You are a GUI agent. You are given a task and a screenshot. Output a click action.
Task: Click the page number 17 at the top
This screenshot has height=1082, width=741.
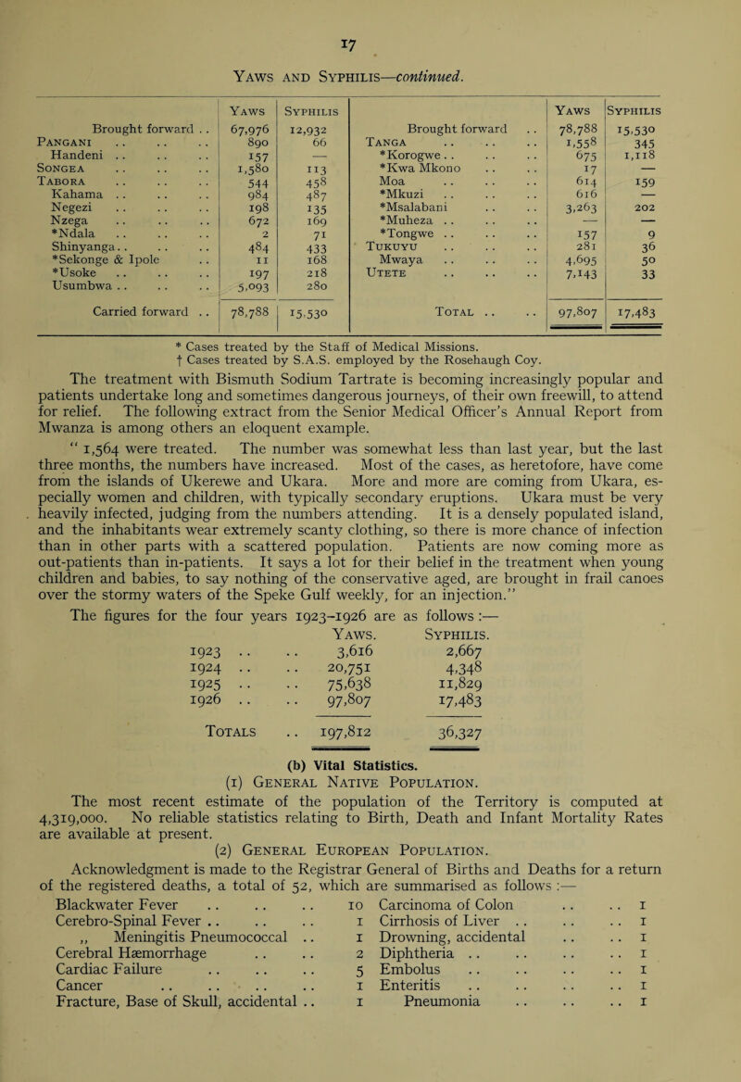pyautogui.click(x=370, y=16)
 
